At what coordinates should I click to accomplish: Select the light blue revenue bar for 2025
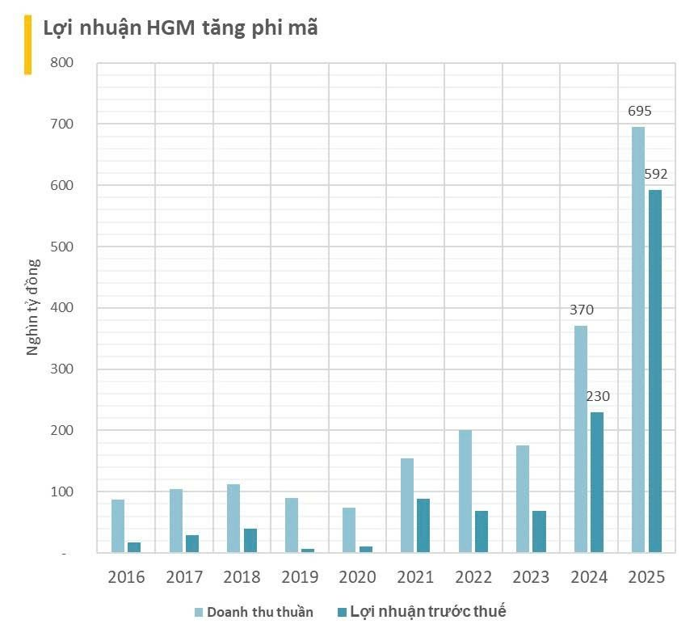point(638,340)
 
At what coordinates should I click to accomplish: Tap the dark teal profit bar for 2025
point(654,371)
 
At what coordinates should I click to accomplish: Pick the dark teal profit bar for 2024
point(596,482)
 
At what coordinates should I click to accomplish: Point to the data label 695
point(640,112)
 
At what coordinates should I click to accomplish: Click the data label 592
point(655,174)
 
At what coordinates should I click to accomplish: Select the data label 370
point(581,310)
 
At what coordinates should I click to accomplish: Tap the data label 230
point(597,396)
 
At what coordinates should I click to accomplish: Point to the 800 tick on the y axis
point(62,63)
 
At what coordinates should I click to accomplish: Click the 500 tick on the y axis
point(62,247)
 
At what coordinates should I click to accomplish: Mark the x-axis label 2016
point(126,577)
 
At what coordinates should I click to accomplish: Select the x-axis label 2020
point(357,577)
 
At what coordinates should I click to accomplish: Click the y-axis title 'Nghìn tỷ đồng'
point(33,307)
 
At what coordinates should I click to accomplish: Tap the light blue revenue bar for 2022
point(465,491)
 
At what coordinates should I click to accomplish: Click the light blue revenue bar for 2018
point(233,518)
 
